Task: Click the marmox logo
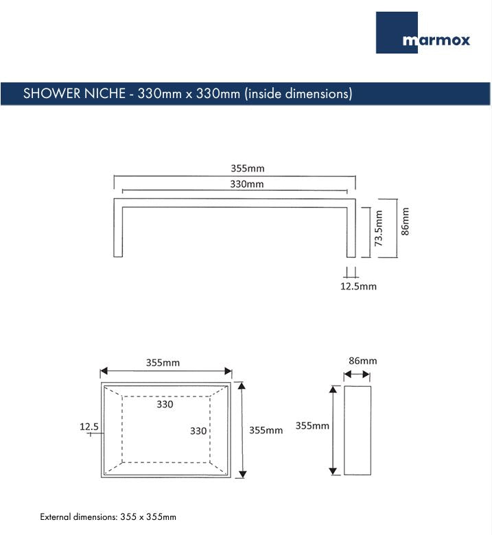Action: [423, 33]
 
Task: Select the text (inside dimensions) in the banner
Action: [298, 94]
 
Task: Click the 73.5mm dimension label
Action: [379, 232]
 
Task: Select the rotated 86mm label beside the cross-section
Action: [405, 221]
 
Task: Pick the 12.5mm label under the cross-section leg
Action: [358, 286]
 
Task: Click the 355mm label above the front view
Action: [163, 362]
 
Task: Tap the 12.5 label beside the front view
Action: [89, 427]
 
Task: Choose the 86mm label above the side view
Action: [362, 361]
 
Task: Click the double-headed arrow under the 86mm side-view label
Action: [356, 374]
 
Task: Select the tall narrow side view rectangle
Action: [357, 429]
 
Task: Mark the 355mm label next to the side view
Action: [312, 425]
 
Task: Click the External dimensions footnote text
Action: [108, 516]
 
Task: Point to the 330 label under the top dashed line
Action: [165, 404]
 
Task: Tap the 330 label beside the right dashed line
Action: [198, 431]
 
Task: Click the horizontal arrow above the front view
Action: [166, 372]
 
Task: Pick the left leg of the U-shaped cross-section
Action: [118, 230]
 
